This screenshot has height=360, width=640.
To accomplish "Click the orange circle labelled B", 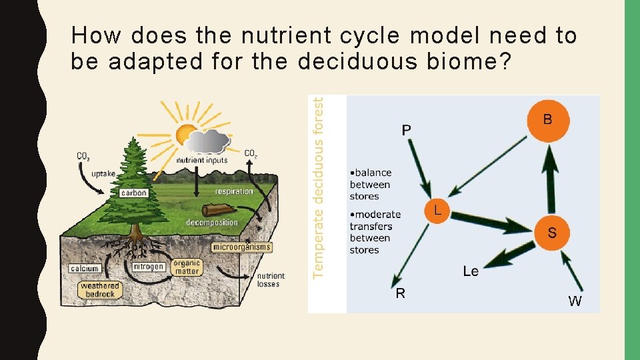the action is pyautogui.click(x=548, y=120).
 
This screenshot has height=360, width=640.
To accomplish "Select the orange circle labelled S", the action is pyautogui.click(x=552, y=232).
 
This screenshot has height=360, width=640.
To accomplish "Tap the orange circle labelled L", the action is pyautogui.click(x=437, y=211).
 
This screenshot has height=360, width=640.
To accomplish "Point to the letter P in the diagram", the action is pyautogui.click(x=406, y=129).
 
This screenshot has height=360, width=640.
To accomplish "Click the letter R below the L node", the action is pyautogui.click(x=400, y=293).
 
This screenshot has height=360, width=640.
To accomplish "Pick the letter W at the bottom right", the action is pyautogui.click(x=575, y=301).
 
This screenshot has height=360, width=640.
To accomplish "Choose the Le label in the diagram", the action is pyautogui.click(x=471, y=271).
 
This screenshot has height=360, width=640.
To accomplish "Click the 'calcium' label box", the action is pyautogui.click(x=85, y=269).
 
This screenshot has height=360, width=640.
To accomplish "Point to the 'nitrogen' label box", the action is pyautogui.click(x=148, y=267).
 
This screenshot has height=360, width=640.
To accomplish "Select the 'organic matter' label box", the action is pyautogui.click(x=187, y=267).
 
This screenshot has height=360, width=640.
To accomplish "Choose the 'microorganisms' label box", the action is pyautogui.click(x=242, y=247).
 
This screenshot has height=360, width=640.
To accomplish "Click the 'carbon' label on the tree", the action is pyautogui.click(x=133, y=193).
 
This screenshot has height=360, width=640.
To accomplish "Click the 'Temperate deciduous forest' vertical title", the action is pyautogui.click(x=319, y=187).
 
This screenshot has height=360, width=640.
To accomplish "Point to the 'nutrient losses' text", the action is pyautogui.click(x=271, y=280).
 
